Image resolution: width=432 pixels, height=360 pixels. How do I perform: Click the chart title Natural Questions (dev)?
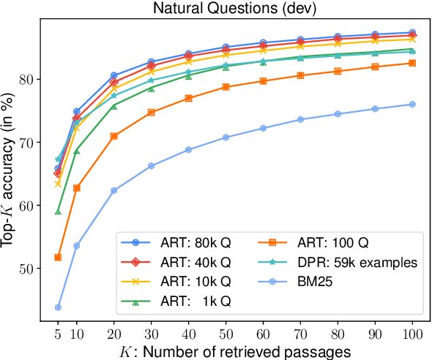[x=234, y=9]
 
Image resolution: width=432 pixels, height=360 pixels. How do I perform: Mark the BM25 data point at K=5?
[x=57, y=307]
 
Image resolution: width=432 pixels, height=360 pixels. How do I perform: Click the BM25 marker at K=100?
[x=412, y=104]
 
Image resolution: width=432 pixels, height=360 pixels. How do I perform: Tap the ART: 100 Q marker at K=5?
[x=57, y=257]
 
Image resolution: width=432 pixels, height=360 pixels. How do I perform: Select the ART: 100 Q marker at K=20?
[x=113, y=136]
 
